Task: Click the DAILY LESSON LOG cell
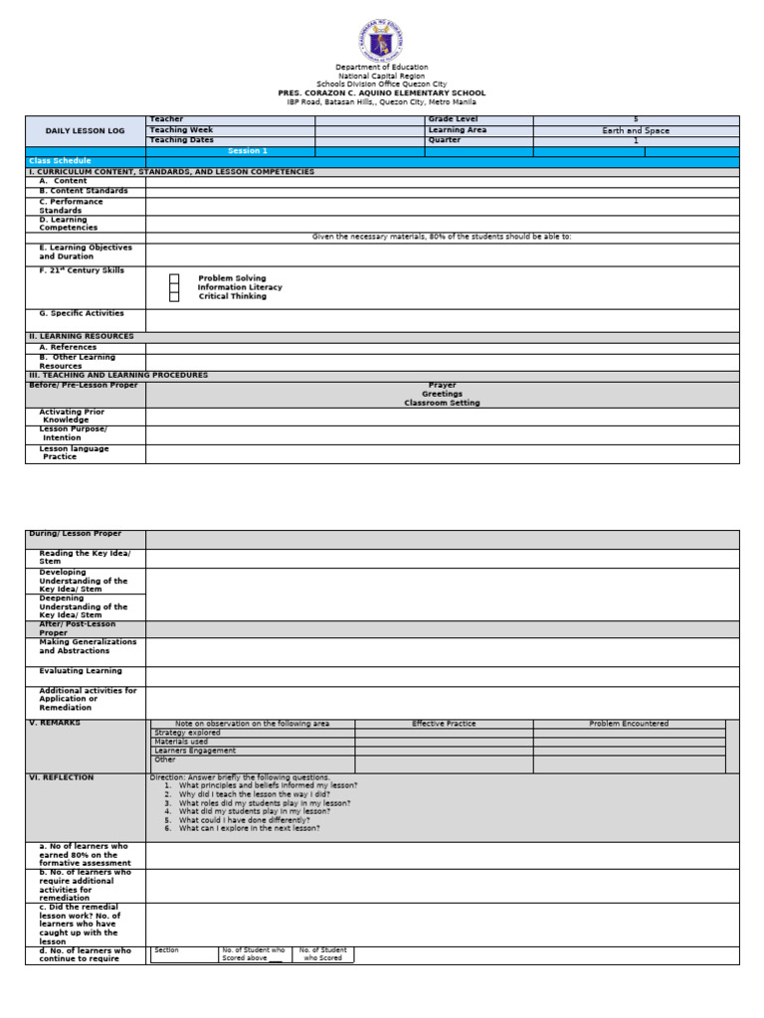[x=86, y=130]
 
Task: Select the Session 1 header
[x=248, y=151]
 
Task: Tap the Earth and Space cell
[x=636, y=130]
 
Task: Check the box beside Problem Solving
[x=174, y=278]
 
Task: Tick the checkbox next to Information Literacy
[x=174, y=287]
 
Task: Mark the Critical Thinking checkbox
[x=174, y=296]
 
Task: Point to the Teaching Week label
[x=180, y=130]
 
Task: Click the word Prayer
[x=442, y=385]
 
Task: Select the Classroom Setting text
[x=442, y=403]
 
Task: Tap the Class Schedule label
[x=60, y=161]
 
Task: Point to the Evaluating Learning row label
[x=81, y=671]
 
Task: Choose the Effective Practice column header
[x=444, y=724]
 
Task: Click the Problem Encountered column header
[x=629, y=724]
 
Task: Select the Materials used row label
[x=181, y=742]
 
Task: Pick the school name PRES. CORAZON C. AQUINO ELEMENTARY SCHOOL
[x=381, y=92]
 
